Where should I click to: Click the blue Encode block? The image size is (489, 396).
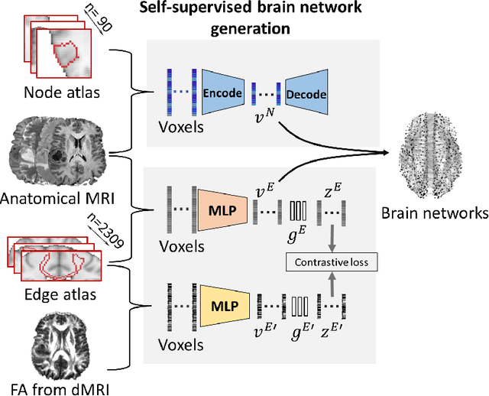pos(223,93)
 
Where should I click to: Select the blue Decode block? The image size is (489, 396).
pos(306,94)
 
